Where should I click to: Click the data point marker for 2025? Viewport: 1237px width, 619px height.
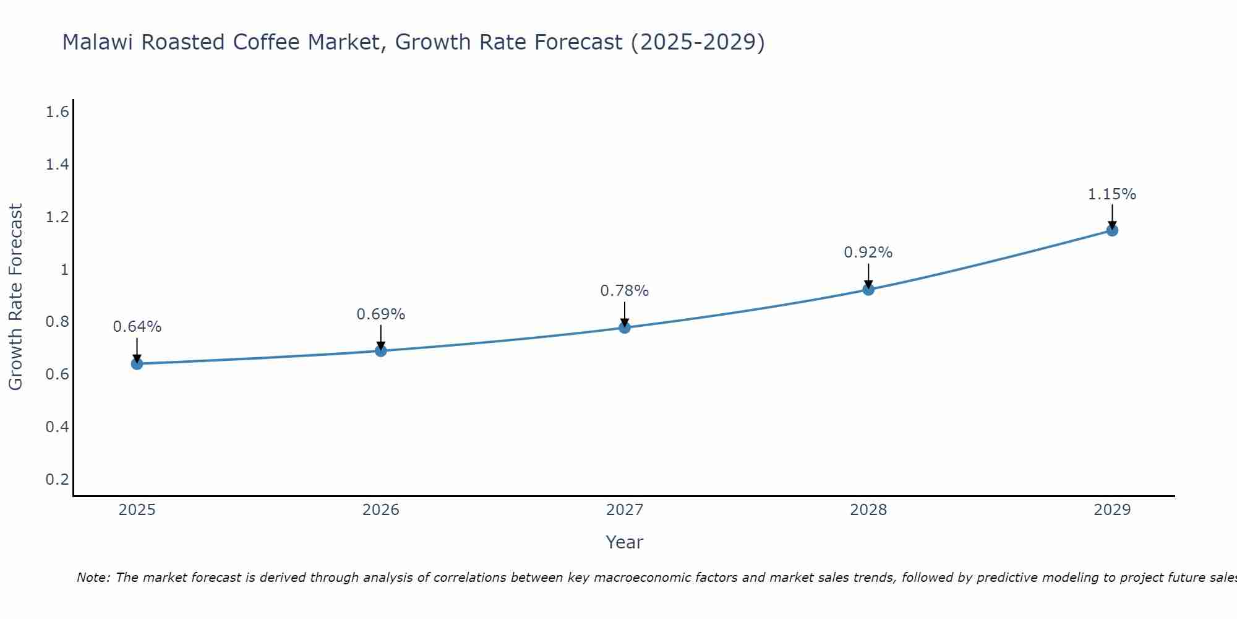tap(137, 363)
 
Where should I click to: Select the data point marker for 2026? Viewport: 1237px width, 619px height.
tap(381, 351)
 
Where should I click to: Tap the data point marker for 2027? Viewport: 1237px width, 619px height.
tap(625, 327)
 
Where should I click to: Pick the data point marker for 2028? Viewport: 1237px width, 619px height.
tap(868, 289)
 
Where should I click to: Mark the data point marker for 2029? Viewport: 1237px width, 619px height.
tap(1112, 230)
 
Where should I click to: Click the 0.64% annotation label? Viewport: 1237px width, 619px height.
tap(137, 327)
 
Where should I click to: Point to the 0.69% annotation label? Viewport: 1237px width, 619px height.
tap(381, 314)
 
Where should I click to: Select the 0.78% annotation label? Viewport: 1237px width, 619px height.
tap(625, 291)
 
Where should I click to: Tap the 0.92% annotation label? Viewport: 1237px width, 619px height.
tap(868, 253)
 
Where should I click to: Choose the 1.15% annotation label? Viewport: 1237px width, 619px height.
tap(1112, 194)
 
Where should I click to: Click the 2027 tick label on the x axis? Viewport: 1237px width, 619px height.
tap(625, 510)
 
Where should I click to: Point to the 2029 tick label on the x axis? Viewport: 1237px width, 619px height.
tap(1112, 510)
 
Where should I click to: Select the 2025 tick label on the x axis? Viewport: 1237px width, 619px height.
tap(137, 510)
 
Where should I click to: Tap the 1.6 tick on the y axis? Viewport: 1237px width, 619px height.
tap(57, 112)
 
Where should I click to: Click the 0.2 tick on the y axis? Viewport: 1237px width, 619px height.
tap(57, 479)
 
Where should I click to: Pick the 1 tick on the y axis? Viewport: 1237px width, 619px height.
tap(64, 269)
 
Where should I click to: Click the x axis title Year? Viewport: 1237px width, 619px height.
tap(625, 542)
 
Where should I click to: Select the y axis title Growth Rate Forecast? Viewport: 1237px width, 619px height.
tap(15, 297)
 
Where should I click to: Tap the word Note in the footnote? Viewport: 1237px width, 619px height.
tap(93, 578)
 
